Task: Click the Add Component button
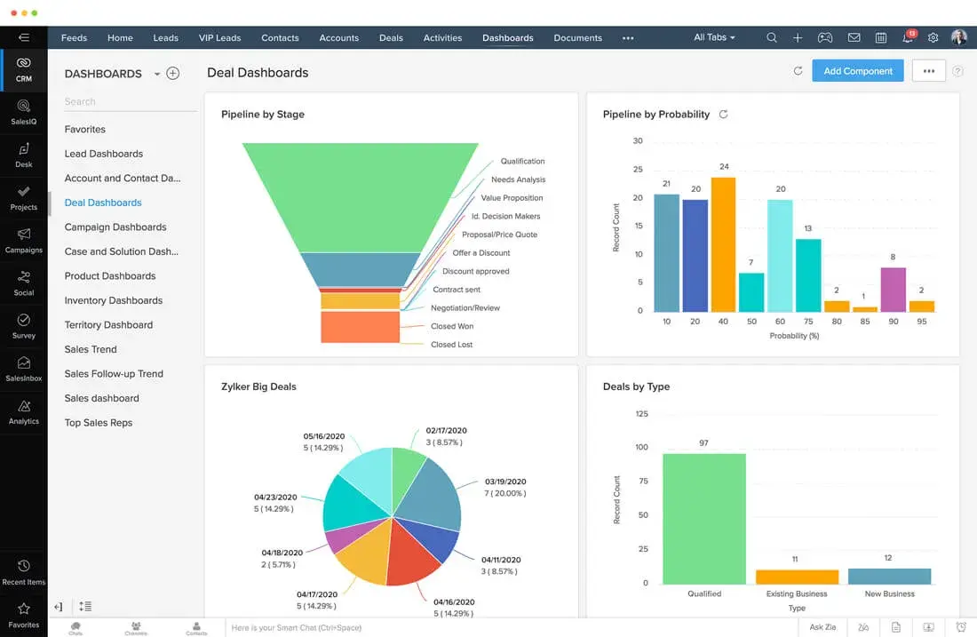(857, 71)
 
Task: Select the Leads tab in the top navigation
(165, 38)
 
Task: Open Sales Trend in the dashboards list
(91, 349)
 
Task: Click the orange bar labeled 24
(723, 244)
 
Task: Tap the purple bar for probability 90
(894, 289)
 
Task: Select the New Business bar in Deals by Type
(889, 576)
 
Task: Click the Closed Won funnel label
(451, 326)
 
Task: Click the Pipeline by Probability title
(655, 115)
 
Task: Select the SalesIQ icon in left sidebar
(24, 111)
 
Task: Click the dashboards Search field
(130, 102)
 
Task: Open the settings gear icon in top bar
(933, 38)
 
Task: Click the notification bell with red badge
(908, 38)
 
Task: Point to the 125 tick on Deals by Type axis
(641, 414)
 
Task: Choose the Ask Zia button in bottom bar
(822, 627)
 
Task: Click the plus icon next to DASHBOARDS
(173, 74)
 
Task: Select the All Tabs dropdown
(714, 38)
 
